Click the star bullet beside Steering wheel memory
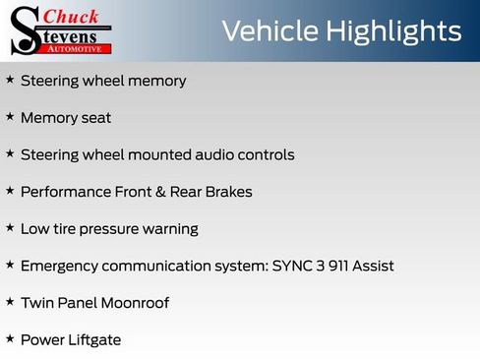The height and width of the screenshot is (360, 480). [10, 80]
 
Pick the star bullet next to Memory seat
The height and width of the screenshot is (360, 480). [10, 117]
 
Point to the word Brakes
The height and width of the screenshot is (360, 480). [229, 192]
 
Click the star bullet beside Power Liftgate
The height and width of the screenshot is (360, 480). [10, 339]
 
